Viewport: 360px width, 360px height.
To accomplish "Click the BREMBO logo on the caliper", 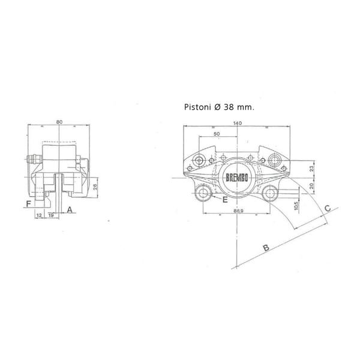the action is [x=237, y=178].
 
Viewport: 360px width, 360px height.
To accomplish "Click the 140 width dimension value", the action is [x=238, y=123].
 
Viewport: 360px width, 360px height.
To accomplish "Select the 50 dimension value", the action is [x=217, y=134].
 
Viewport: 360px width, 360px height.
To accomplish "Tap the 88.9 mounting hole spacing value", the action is [x=238, y=211].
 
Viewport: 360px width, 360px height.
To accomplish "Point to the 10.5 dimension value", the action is [x=296, y=205].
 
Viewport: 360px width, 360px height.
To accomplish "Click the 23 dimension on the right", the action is [x=311, y=169].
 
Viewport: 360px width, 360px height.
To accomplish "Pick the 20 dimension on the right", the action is [x=311, y=186].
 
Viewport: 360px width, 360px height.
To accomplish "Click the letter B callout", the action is [x=266, y=248].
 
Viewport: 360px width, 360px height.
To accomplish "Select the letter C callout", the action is [x=328, y=208].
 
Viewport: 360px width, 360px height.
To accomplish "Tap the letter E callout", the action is [x=225, y=200].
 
